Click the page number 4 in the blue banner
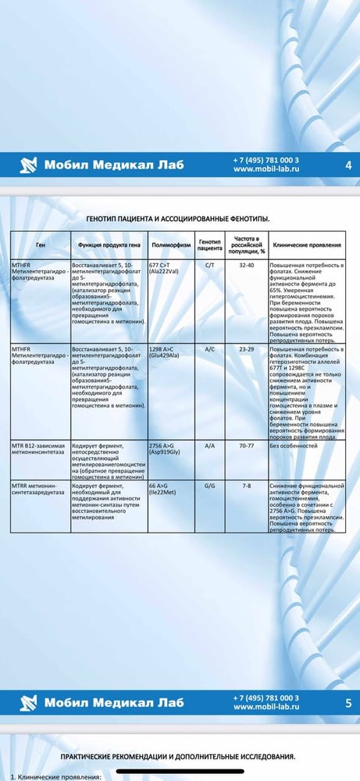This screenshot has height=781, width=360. (348, 165)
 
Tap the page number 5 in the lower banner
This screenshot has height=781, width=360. (348, 703)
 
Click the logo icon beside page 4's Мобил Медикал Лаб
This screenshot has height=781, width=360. (29, 165)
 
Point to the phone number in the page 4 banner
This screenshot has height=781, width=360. (266, 159)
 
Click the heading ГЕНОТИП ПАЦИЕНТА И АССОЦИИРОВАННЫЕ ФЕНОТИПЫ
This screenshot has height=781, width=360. (178, 219)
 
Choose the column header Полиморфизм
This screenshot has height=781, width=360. (171, 244)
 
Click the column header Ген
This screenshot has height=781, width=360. (41, 244)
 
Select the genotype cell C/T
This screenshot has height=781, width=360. (209, 266)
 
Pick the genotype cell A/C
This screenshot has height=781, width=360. (209, 349)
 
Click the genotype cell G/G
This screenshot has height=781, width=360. (209, 485)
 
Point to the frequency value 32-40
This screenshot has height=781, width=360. (247, 266)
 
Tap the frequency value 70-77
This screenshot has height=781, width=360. (247, 446)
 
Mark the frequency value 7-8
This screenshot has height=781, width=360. (247, 485)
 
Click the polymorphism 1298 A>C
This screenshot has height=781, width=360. (165, 349)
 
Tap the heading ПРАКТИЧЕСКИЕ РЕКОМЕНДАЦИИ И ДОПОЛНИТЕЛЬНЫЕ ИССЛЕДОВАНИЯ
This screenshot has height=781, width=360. (178, 758)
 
